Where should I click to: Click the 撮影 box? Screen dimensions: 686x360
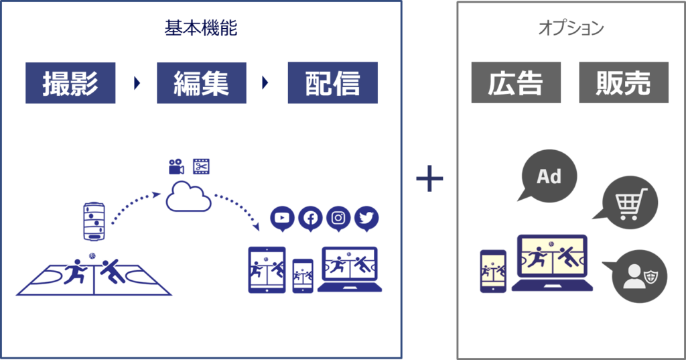coord(70,82)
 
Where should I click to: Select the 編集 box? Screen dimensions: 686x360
coord(201,82)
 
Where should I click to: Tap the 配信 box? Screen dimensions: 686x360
coord(332,82)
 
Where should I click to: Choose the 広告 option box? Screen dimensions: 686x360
coord(516,82)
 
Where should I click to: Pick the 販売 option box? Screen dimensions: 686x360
coord(624,82)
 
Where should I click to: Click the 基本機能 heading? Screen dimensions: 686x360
coord(201,28)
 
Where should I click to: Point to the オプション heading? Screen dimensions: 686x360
coord(571,28)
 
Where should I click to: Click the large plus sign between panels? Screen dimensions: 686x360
coord(429,178)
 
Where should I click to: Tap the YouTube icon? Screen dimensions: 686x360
coord(282,219)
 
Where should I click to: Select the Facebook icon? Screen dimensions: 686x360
coord(310,219)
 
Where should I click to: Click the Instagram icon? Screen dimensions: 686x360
coord(338,219)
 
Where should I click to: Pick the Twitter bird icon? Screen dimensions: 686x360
coord(366,219)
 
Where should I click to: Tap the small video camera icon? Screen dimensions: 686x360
coord(176,166)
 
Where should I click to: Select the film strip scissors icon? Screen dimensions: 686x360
coord(201,166)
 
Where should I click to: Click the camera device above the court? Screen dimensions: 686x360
coord(94,221)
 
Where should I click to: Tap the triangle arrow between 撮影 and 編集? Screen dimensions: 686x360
coord(137,82)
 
